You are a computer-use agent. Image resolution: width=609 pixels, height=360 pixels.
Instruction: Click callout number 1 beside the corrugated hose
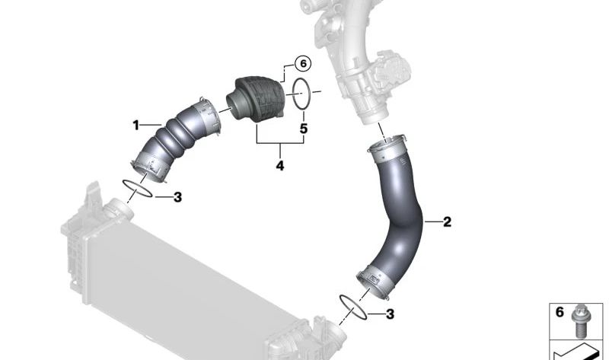coord(136,125)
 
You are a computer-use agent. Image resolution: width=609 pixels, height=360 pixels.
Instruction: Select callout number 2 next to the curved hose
coord(447,222)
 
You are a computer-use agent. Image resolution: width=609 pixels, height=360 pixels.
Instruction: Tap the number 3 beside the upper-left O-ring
coord(177,197)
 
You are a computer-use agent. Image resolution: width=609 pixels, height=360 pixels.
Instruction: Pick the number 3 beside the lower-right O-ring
coord(390,314)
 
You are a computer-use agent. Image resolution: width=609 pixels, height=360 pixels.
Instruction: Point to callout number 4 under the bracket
coord(279,164)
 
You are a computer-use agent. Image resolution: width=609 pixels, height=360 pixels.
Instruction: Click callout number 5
coord(303,129)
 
